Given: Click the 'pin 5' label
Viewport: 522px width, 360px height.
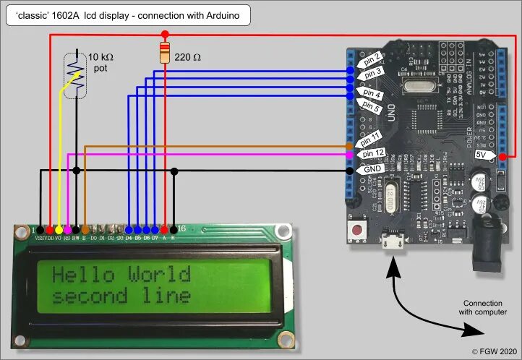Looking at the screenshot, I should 371,105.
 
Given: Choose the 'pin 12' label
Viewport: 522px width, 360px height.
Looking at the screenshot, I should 372,153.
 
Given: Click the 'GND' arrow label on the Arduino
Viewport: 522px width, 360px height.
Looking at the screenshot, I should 372,168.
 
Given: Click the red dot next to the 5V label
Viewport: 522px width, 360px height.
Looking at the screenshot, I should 502,155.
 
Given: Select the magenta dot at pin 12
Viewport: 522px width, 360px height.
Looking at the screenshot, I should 350,155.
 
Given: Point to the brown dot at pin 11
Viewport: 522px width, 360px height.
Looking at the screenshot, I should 350,146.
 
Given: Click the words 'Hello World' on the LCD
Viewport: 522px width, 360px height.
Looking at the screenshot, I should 121,275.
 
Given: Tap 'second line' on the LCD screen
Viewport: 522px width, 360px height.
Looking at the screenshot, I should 121,296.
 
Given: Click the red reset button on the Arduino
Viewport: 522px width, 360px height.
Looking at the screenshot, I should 356,231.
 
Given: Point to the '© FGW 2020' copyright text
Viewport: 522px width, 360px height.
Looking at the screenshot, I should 495,351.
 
